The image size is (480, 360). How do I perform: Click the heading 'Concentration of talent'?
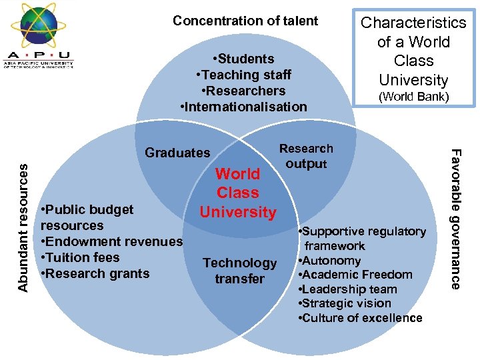(245, 21)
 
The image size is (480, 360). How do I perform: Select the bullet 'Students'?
(243, 59)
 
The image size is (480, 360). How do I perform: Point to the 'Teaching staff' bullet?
(243, 75)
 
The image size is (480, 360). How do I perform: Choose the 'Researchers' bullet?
(243, 91)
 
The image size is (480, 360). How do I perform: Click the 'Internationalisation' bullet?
(243, 107)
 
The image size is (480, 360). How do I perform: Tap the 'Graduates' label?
(177, 153)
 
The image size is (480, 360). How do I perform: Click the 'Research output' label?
(306, 156)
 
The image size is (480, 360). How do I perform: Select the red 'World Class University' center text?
(238, 193)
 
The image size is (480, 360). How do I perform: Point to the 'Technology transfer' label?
(239, 271)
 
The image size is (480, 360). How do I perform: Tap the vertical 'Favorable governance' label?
(455, 219)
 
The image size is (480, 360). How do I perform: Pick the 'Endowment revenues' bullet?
(111, 241)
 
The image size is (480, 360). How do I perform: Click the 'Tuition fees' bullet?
(80, 257)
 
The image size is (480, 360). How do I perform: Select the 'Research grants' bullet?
(95, 273)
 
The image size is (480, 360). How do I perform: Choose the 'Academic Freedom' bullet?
(356, 275)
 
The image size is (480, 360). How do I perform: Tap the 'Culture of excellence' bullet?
(361, 318)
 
